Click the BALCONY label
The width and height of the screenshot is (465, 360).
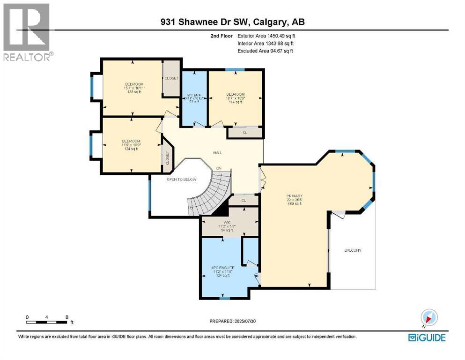(353, 250)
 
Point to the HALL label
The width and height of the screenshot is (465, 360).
(217, 153)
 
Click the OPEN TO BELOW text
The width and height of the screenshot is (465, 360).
(181, 180)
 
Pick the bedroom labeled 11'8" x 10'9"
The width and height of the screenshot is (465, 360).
(131, 145)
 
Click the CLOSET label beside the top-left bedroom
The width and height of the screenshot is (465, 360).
(171, 78)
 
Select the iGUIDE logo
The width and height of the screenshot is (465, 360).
(427, 337)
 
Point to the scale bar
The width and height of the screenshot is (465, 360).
(47, 322)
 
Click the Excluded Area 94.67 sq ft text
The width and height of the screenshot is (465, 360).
(265, 51)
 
